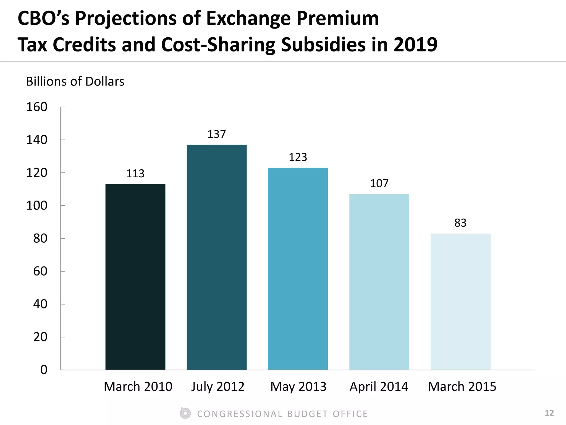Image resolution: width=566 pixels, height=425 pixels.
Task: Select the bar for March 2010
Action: pyautogui.click(x=135, y=277)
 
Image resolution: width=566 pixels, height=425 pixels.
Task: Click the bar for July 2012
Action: pyautogui.click(x=216, y=257)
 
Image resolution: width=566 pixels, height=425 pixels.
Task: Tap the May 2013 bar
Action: pyautogui.click(x=298, y=268)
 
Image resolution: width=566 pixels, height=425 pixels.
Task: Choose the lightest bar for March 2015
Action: pyautogui.click(x=460, y=302)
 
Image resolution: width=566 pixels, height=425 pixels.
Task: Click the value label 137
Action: pyautogui.click(x=216, y=134)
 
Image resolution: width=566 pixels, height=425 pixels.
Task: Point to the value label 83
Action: pyautogui.click(x=460, y=223)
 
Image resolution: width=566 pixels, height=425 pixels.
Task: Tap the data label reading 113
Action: pyautogui.click(x=135, y=173)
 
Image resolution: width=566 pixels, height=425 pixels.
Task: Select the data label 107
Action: pyautogui.click(x=379, y=183)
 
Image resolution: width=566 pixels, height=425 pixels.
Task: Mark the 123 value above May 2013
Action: pyautogui.click(x=298, y=157)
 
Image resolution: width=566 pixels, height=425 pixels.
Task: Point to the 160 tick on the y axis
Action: pyautogui.click(x=37, y=107)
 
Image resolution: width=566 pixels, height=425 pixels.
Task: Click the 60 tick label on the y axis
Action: pyautogui.click(x=40, y=271)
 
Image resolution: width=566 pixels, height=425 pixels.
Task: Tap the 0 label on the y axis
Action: pyautogui.click(x=44, y=370)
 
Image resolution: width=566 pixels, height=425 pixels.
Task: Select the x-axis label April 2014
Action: pyautogui.click(x=379, y=386)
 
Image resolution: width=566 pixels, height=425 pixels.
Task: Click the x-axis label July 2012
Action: pyautogui.click(x=218, y=386)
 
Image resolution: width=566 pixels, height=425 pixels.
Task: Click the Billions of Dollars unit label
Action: pyautogui.click(x=75, y=81)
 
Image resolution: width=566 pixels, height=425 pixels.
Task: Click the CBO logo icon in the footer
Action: pyautogui.click(x=185, y=413)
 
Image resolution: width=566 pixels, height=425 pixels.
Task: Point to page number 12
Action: pyautogui.click(x=549, y=413)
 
